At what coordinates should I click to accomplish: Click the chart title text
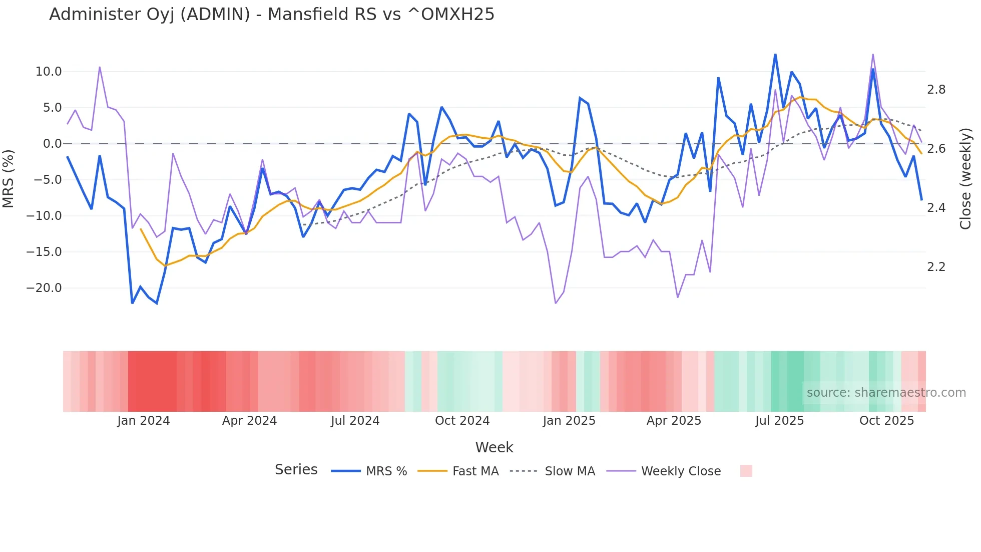pos(271,15)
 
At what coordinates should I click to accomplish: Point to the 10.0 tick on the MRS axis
pos(49,72)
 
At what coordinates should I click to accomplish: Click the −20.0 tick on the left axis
pos(45,288)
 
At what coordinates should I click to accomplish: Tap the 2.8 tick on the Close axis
pos(936,90)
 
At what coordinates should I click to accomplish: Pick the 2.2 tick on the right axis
pos(936,267)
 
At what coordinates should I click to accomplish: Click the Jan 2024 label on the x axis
pos(144,421)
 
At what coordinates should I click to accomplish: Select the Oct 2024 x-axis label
pos(462,421)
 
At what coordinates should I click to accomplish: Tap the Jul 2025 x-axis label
pos(779,421)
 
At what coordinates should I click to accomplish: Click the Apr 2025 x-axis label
pos(674,421)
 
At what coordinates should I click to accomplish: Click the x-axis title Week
pos(494,447)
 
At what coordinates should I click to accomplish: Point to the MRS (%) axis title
pos(9,178)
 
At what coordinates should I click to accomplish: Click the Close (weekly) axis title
pos(965,178)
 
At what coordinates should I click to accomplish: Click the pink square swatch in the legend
pos(746,471)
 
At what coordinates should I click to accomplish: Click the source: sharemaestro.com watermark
pos(886,393)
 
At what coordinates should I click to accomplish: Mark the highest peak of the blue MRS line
pos(775,54)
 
